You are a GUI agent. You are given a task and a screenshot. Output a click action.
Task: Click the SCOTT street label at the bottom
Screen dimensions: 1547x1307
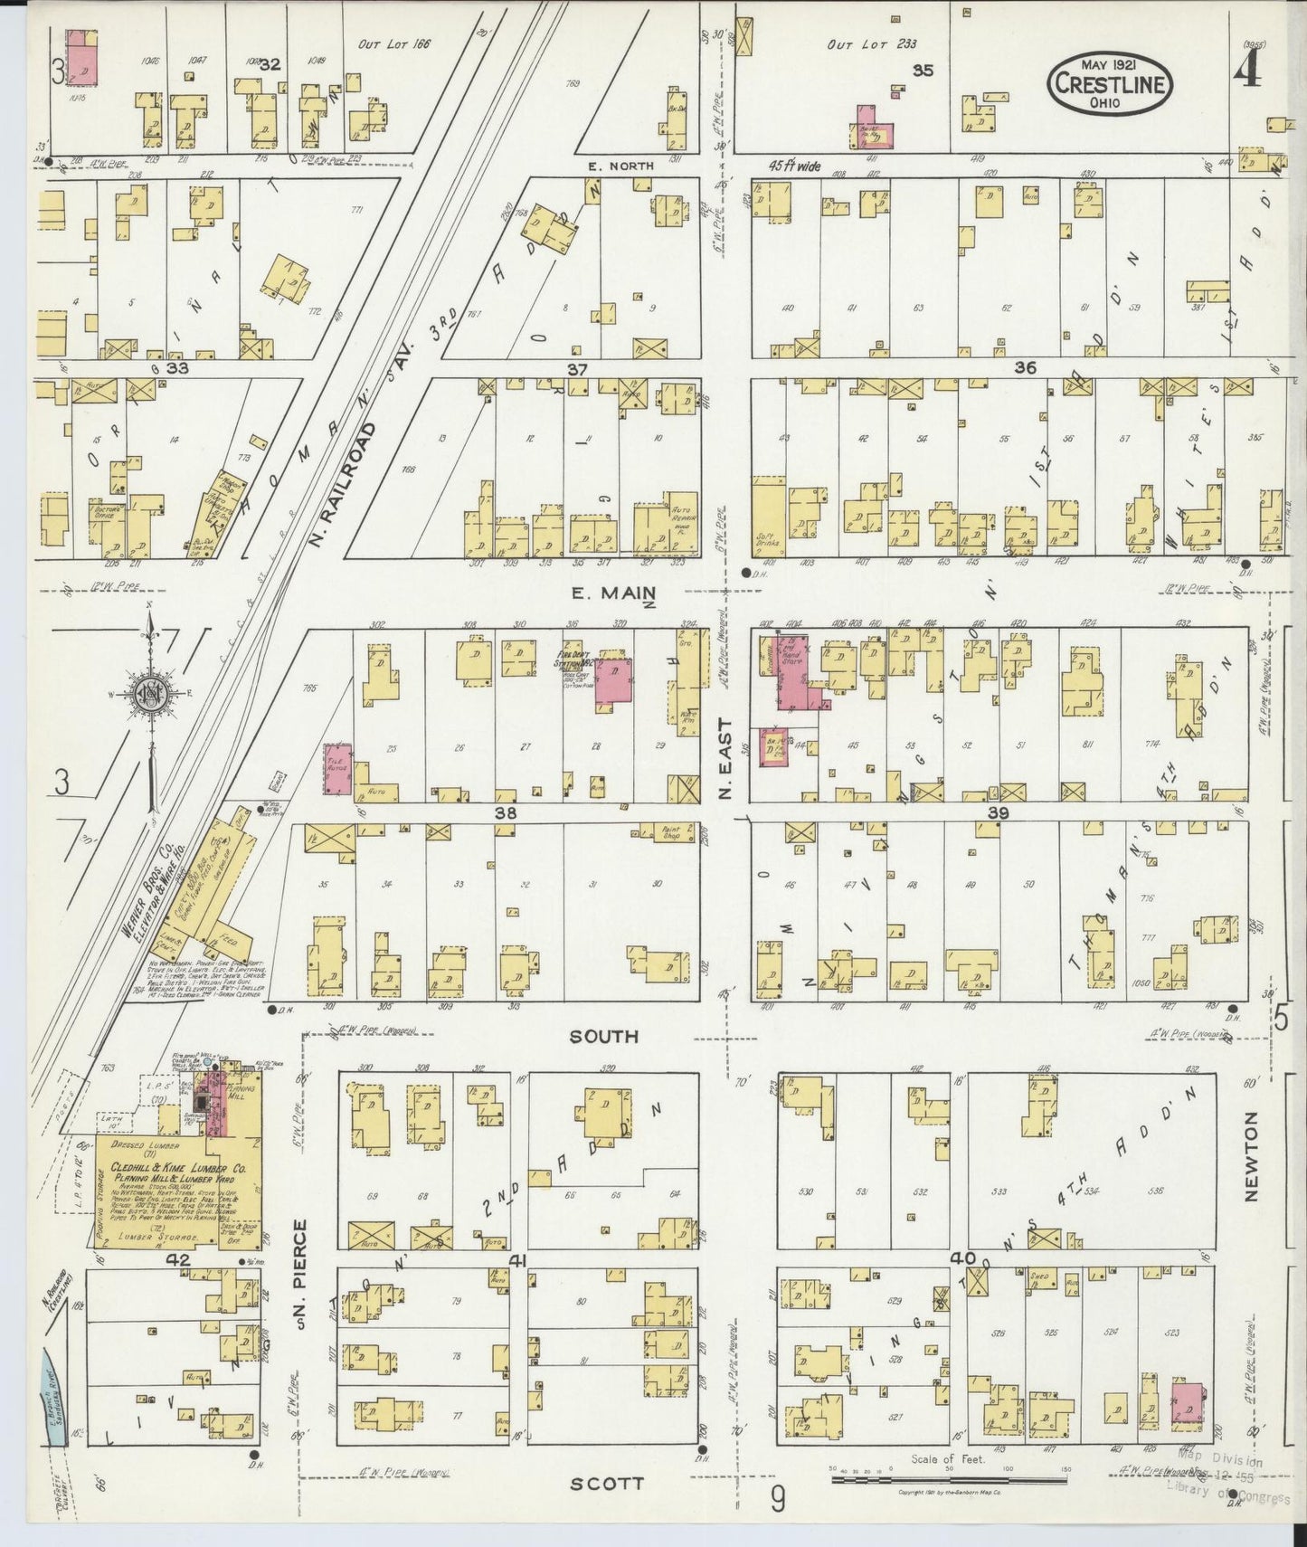[608, 1483]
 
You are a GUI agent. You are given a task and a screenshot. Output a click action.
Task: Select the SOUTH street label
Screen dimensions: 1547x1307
[603, 1036]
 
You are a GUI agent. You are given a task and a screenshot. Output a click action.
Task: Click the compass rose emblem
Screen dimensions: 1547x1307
[150, 695]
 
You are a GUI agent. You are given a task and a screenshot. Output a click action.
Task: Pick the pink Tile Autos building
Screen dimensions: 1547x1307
[338, 770]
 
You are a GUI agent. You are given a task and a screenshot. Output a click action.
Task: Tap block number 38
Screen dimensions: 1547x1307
[504, 813]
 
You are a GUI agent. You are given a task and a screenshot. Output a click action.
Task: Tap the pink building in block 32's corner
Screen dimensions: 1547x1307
[83, 57]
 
